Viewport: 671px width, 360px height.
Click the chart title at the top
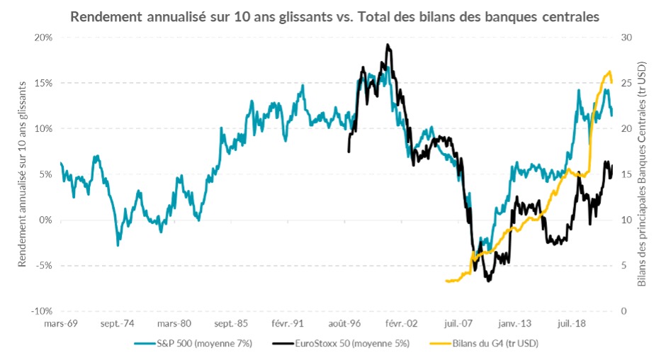point(335,16)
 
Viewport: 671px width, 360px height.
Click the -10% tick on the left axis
point(42,311)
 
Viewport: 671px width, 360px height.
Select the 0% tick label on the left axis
point(46,220)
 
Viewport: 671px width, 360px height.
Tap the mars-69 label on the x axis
point(61,325)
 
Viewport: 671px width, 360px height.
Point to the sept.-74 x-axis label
point(118,325)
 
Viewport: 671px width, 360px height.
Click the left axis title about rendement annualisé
point(22,174)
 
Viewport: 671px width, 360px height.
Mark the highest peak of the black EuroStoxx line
point(388,45)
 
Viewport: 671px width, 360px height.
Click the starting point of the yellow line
point(446,281)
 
